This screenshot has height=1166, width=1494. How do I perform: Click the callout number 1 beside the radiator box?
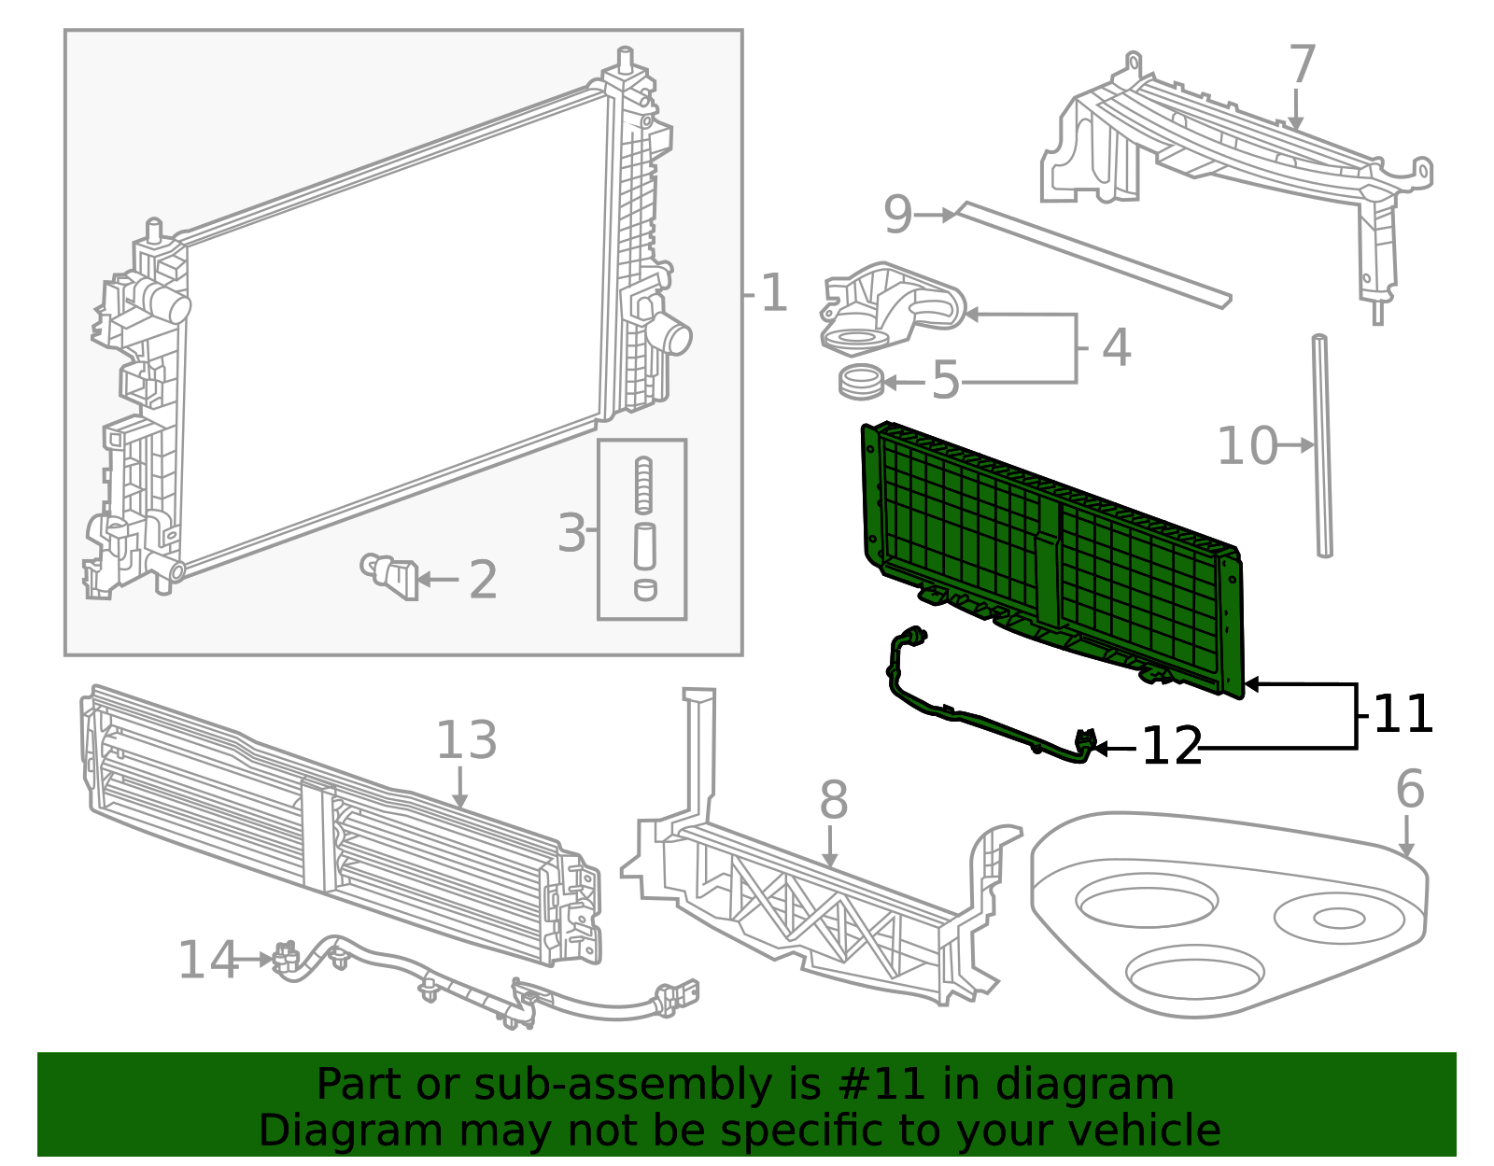point(774,294)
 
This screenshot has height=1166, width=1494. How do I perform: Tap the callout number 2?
point(483,581)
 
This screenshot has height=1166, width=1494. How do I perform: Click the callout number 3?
point(571,534)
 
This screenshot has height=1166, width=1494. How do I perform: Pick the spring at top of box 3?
point(643,485)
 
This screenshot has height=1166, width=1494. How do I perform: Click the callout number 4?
point(1117,347)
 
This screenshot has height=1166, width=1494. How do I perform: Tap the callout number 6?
point(1410,790)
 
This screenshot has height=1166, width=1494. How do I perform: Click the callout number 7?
point(1302,65)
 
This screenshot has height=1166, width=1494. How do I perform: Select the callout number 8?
point(834,802)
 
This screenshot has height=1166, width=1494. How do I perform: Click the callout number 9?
point(897,216)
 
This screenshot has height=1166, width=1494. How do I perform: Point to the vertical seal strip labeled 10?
point(1322,448)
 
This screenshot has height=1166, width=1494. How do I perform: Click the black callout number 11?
point(1403,715)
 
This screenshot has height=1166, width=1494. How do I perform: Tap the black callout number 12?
point(1172,747)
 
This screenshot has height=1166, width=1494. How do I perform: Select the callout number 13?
point(467,740)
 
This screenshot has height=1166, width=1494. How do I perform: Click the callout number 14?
point(207,961)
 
